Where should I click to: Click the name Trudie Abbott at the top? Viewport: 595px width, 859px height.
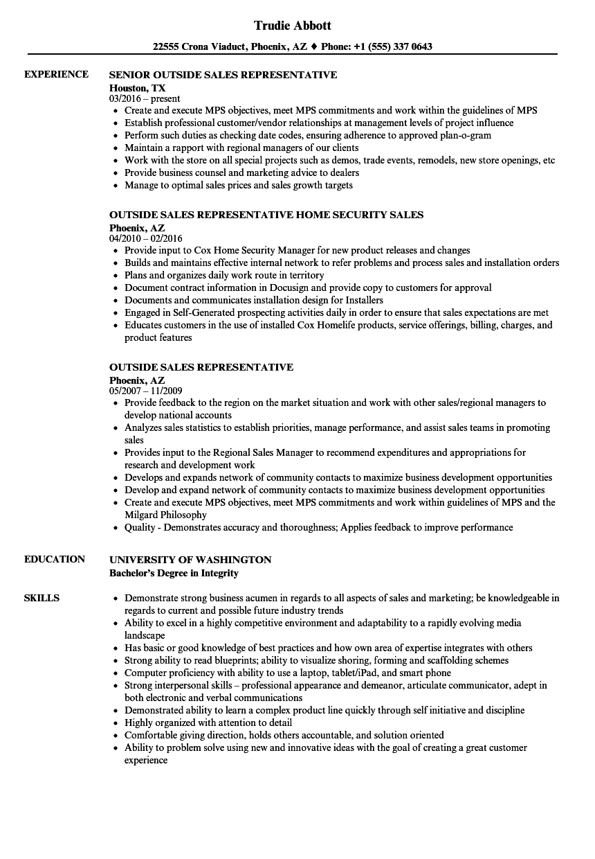[x=293, y=26]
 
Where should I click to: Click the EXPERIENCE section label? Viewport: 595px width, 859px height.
[x=56, y=74]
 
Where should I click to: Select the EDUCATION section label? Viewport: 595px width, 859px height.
[x=55, y=559]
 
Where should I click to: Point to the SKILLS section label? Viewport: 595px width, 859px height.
[x=42, y=598]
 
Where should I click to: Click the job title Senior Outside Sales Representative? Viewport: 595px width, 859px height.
[x=223, y=75]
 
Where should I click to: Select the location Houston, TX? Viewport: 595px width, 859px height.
[x=137, y=87]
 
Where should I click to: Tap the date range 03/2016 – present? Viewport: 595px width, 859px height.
[x=145, y=98]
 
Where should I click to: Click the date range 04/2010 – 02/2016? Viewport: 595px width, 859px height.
[x=146, y=238]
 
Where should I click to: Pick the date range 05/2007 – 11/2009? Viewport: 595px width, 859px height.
[x=145, y=391]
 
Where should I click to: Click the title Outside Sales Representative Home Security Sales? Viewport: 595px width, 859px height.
[x=266, y=215]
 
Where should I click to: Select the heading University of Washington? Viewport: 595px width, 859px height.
[x=190, y=560]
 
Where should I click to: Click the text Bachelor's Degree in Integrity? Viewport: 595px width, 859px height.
[x=174, y=573]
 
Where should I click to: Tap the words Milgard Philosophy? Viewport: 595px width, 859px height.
[x=165, y=515]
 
